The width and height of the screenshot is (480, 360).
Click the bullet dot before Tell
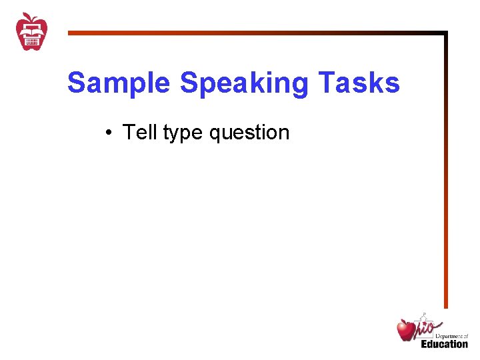click(x=107, y=133)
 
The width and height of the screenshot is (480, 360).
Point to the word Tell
click(x=140, y=132)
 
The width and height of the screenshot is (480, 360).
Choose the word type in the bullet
click(x=183, y=133)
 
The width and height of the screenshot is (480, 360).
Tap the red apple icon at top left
click(x=32, y=32)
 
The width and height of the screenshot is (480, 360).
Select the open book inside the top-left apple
click(x=32, y=29)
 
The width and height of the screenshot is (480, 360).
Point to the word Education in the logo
click(x=444, y=344)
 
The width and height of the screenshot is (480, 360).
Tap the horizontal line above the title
click(x=253, y=32)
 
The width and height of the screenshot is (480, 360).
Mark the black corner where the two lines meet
click(x=445, y=33)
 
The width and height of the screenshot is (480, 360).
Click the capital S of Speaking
click(x=189, y=83)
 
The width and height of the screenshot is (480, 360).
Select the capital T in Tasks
click(x=326, y=83)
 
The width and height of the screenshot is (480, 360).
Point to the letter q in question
click(x=215, y=134)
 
